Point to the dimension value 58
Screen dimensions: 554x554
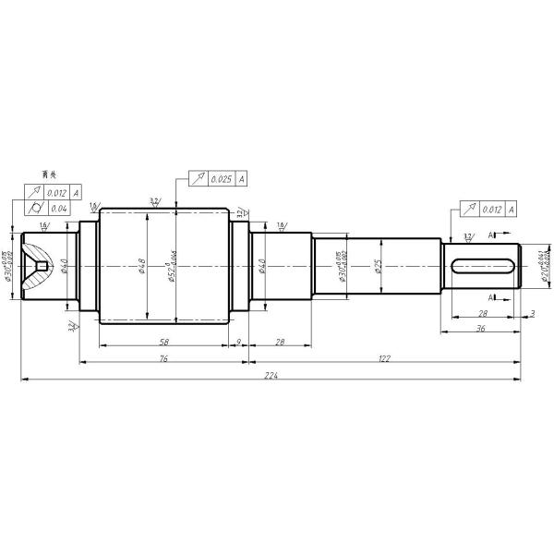point(163,341)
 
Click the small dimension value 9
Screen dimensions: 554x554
point(238,341)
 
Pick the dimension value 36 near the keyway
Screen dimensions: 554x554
point(479,328)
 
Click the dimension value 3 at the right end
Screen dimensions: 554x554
point(534,314)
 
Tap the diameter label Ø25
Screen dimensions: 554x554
point(378,266)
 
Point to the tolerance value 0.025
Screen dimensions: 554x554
point(221,178)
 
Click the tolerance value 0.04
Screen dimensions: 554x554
point(58,208)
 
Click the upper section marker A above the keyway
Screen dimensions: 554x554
point(491,235)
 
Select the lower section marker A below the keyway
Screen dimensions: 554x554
point(491,297)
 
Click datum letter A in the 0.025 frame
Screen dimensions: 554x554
point(241,178)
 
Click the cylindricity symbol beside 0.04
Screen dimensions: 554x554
point(35,208)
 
